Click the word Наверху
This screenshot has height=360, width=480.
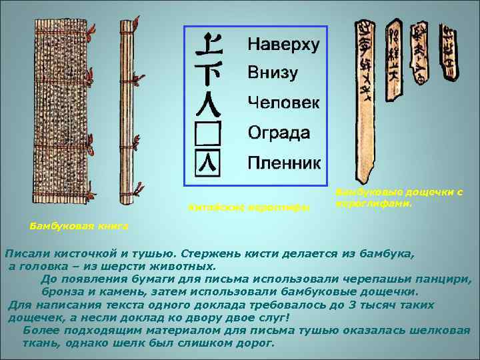point(283,45)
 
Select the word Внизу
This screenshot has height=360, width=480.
point(272,73)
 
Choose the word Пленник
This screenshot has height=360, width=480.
point(283,162)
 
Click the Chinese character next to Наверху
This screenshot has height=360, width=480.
point(209,45)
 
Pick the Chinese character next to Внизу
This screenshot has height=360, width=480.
point(209,72)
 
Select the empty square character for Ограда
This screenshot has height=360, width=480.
point(209,133)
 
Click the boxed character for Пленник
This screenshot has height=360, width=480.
point(209,163)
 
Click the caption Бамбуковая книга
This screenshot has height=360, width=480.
point(79,227)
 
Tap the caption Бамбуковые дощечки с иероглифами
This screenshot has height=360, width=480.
point(399,197)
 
